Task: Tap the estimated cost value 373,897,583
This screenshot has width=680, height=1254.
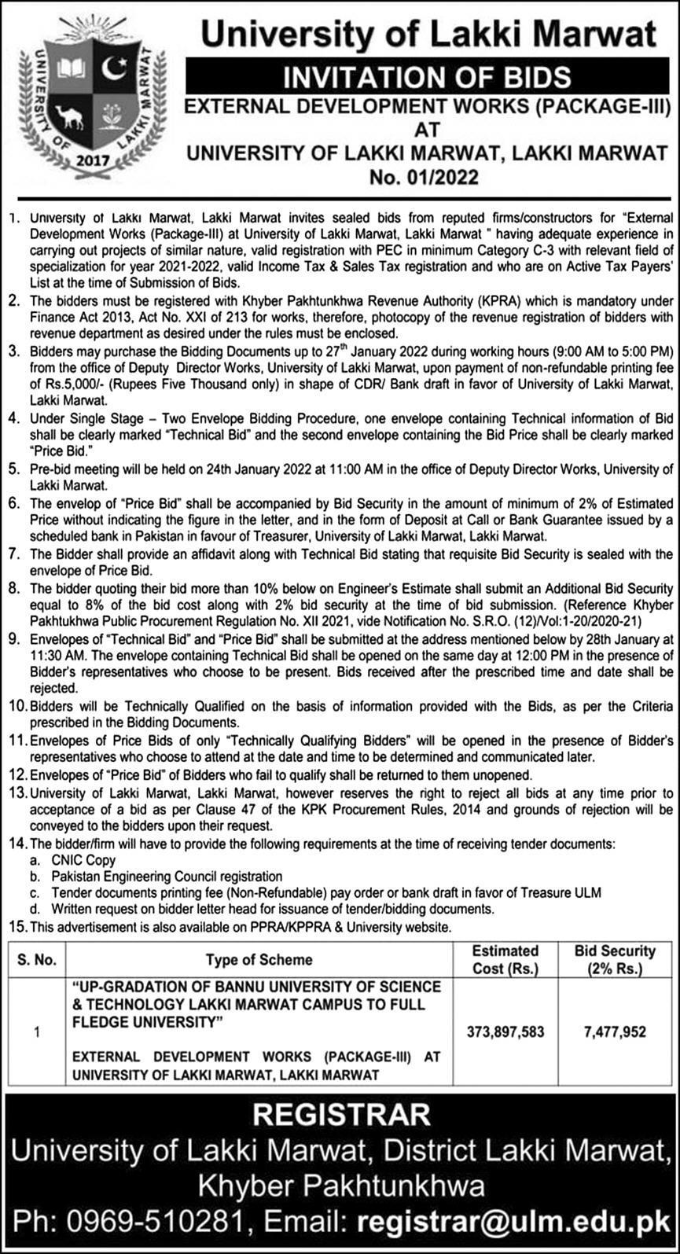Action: tap(505, 1031)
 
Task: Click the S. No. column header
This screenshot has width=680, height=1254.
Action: tap(37, 959)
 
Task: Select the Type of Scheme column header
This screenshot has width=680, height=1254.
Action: tap(259, 959)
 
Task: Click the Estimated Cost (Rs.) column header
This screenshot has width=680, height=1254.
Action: tap(505, 959)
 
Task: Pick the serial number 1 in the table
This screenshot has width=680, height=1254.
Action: tap(37, 1031)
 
